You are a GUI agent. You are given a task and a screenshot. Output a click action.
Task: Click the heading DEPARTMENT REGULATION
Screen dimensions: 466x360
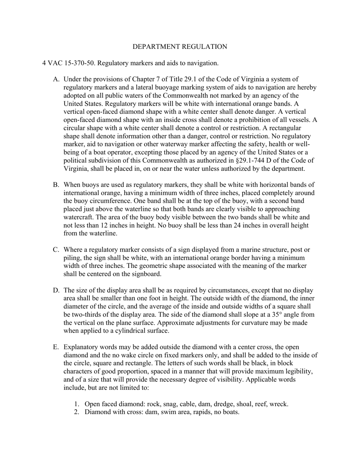coord(180,47)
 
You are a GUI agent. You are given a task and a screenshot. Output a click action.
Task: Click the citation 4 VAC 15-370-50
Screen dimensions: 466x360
coord(68,63)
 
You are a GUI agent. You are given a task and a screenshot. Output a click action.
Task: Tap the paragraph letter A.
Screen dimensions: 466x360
coord(56,80)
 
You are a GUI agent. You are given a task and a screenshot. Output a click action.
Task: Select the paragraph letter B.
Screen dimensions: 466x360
coord(56,185)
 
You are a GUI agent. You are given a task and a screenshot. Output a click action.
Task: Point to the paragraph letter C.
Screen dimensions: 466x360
coord(56,250)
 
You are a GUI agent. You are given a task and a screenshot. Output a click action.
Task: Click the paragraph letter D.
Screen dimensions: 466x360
coord(56,290)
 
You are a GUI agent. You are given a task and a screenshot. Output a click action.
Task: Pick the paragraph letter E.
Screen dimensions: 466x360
coord(56,347)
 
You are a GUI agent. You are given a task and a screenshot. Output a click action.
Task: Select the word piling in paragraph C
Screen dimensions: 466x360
coord(72,258)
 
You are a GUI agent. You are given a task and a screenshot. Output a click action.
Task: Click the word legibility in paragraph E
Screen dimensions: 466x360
coord(298,371)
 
